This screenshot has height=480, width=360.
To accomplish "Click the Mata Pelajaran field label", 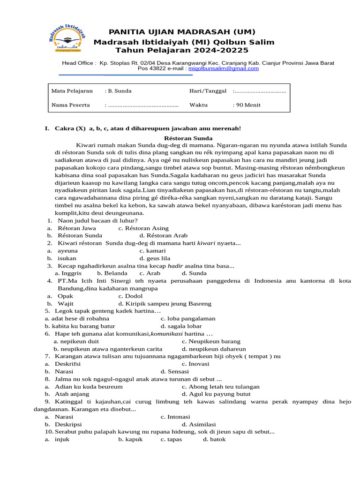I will (x=72, y=91).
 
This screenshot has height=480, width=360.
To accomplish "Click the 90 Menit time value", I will (x=247, y=105).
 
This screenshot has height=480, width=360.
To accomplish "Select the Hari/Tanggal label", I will (x=208, y=91).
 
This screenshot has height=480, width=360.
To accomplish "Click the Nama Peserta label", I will (x=70, y=105).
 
